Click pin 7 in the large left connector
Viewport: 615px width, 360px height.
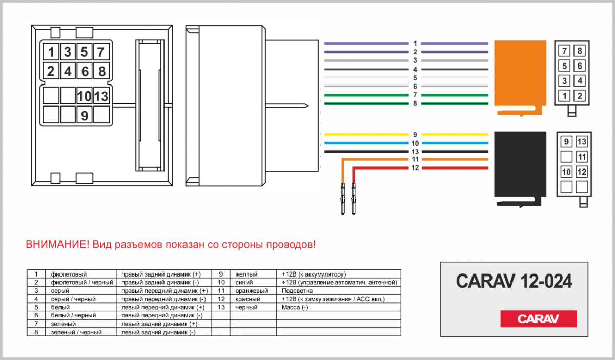pos(101,52)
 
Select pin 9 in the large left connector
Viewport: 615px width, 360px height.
pos(85,116)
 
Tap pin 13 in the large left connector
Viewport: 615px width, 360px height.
pos(101,96)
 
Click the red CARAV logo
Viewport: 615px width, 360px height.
pos(538,319)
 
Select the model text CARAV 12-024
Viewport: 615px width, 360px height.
pos(514,281)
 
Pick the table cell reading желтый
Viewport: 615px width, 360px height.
pos(246,274)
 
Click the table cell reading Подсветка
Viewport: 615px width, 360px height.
pos(297,290)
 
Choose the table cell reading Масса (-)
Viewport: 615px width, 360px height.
pos(295,307)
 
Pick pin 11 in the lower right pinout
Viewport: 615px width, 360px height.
pos(581,157)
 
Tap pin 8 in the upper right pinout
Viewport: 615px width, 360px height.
pos(580,51)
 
